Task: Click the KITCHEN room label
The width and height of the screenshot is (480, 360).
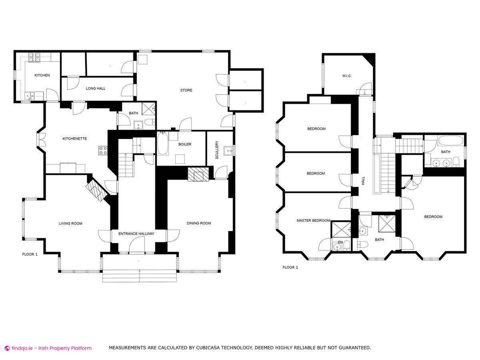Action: click(x=42, y=75)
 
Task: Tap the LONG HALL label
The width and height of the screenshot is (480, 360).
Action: click(x=96, y=88)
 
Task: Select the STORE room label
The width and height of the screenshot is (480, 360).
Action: click(x=186, y=90)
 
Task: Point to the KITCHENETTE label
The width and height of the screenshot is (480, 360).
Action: click(x=74, y=138)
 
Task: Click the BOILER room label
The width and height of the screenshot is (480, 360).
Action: click(x=185, y=144)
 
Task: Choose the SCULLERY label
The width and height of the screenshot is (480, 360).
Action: click(x=217, y=150)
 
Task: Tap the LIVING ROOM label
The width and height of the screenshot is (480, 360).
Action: click(x=70, y=223)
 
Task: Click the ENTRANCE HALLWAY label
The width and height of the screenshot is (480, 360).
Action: click(x=136, y=234)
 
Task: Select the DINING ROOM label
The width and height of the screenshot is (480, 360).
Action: click(x=199, y=223)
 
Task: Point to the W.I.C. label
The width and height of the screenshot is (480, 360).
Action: click(x=347, y=76)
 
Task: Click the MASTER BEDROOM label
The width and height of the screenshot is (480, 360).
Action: click(x=313, y=220)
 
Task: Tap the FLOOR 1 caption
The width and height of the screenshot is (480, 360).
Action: click(x=30, y=254)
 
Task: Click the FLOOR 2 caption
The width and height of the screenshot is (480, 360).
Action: click(x=290, y=267)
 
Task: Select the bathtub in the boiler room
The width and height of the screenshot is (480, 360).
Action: click(x=163, y=143)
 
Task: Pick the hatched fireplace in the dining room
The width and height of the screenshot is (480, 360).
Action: click(x=198, y=174)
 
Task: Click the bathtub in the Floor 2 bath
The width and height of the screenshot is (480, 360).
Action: click(x=450, y=140)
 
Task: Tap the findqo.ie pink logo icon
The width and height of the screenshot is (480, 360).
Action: click(x=8, y=348)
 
